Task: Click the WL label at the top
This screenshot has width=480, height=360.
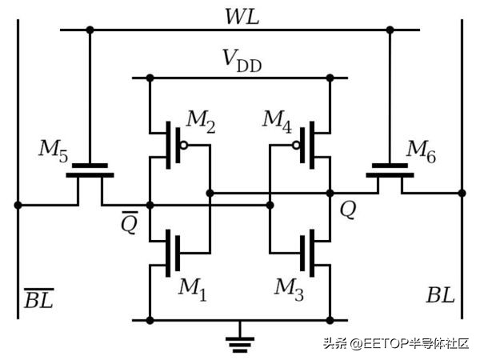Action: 241,16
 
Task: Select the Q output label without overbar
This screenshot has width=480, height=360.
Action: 349,211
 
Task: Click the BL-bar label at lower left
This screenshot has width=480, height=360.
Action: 38,299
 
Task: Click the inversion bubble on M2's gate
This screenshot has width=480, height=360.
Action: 184,146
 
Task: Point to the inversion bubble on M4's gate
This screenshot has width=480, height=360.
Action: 295,146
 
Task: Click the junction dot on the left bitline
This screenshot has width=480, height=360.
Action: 18,205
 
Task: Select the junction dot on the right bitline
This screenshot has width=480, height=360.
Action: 462,193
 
